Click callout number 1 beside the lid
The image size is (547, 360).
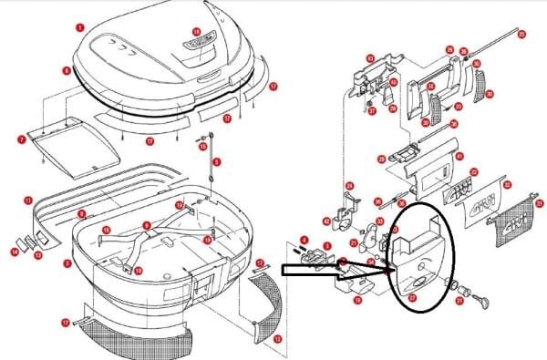(81, 28)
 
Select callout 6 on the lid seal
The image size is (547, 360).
(67, 69)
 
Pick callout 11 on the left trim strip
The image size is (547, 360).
(28, 200)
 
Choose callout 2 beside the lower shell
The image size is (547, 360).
(67, 262)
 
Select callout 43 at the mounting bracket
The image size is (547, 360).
(370, 59)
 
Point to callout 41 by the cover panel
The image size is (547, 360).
(459, 157)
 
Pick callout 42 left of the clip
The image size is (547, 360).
(325, 221)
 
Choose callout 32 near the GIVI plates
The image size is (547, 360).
(474, 172)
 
